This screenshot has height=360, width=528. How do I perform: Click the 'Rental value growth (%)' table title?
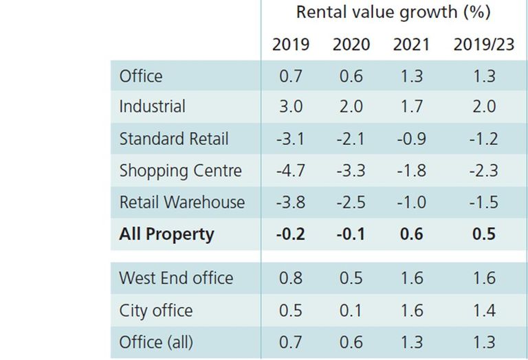point(393,13)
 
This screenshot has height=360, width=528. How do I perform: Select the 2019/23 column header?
point(484,45)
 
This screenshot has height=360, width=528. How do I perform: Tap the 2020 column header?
point(351,45)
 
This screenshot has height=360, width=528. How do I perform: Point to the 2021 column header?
point(412,45)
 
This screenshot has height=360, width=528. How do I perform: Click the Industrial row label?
point(152,106)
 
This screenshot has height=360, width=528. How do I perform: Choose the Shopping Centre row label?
point(181,170)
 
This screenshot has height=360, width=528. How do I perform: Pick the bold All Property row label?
point(166,234)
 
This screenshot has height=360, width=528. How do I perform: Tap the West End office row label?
point(176,278)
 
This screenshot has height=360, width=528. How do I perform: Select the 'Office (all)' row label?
point(156,343)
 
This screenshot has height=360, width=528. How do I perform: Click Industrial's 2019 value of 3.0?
point(291,106)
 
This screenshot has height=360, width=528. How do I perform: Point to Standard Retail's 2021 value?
point(412,139)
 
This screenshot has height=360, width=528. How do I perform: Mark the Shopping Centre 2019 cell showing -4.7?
point(291,170)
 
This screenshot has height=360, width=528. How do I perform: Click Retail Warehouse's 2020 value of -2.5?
point(351,202)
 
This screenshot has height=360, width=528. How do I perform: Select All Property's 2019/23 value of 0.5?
point(484,234)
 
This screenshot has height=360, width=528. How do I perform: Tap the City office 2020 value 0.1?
point(351,311)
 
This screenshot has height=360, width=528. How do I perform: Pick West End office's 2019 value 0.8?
point(291,278)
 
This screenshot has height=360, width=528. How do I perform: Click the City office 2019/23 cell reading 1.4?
point(484,311)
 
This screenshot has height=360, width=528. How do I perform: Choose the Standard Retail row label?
point(174,139)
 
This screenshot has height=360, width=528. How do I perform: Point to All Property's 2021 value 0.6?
point(412,234)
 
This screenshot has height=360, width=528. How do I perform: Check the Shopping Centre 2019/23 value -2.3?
point(484,170)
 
